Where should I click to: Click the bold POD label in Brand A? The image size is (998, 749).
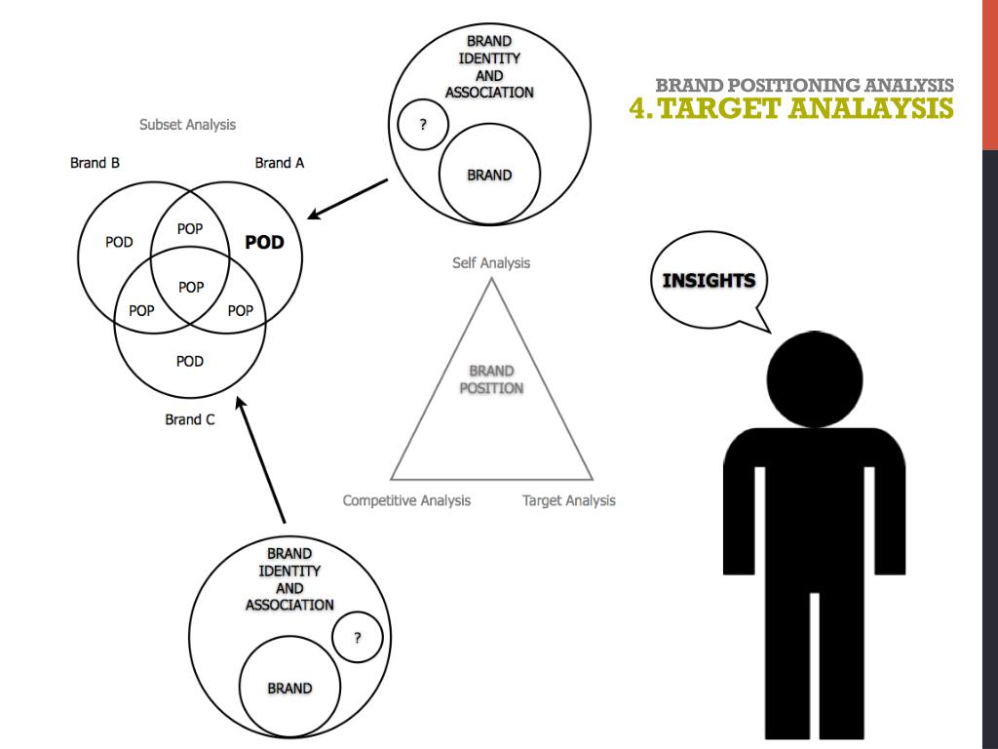(264, 242)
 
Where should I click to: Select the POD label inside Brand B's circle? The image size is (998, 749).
(119, 242)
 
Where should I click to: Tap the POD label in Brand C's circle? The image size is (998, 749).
(190, 361)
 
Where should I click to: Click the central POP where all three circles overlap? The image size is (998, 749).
(191, 287)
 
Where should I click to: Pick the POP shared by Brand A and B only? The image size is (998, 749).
(190, 228)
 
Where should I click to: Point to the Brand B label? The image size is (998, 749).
(95, 163)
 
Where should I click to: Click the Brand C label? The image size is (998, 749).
(189, 420)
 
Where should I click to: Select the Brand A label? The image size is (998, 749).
(279, 163)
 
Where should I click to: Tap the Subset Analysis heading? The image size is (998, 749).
(187, 125)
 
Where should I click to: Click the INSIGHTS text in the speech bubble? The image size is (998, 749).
(709, 281)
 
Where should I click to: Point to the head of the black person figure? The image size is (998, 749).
(814, 378)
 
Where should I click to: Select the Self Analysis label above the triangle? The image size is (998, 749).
(491, 263)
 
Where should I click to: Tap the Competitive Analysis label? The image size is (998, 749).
(406, 500)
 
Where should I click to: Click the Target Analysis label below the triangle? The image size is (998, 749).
(569, 500)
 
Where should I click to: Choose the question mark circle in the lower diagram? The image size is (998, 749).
(357, 639)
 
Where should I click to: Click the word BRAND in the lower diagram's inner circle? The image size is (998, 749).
(289, 689)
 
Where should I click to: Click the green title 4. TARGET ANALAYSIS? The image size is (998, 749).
(791, 107)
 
